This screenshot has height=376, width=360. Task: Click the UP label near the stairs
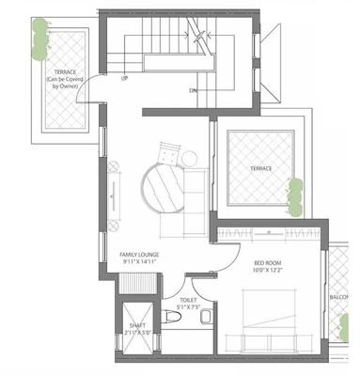pos(123,78)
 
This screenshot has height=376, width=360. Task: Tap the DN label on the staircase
pos(193,91)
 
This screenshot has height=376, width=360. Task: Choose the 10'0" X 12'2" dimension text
pos(270,271)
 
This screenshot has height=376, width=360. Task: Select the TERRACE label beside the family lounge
pos(260,167)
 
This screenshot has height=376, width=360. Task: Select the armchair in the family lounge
pos(168,150)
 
